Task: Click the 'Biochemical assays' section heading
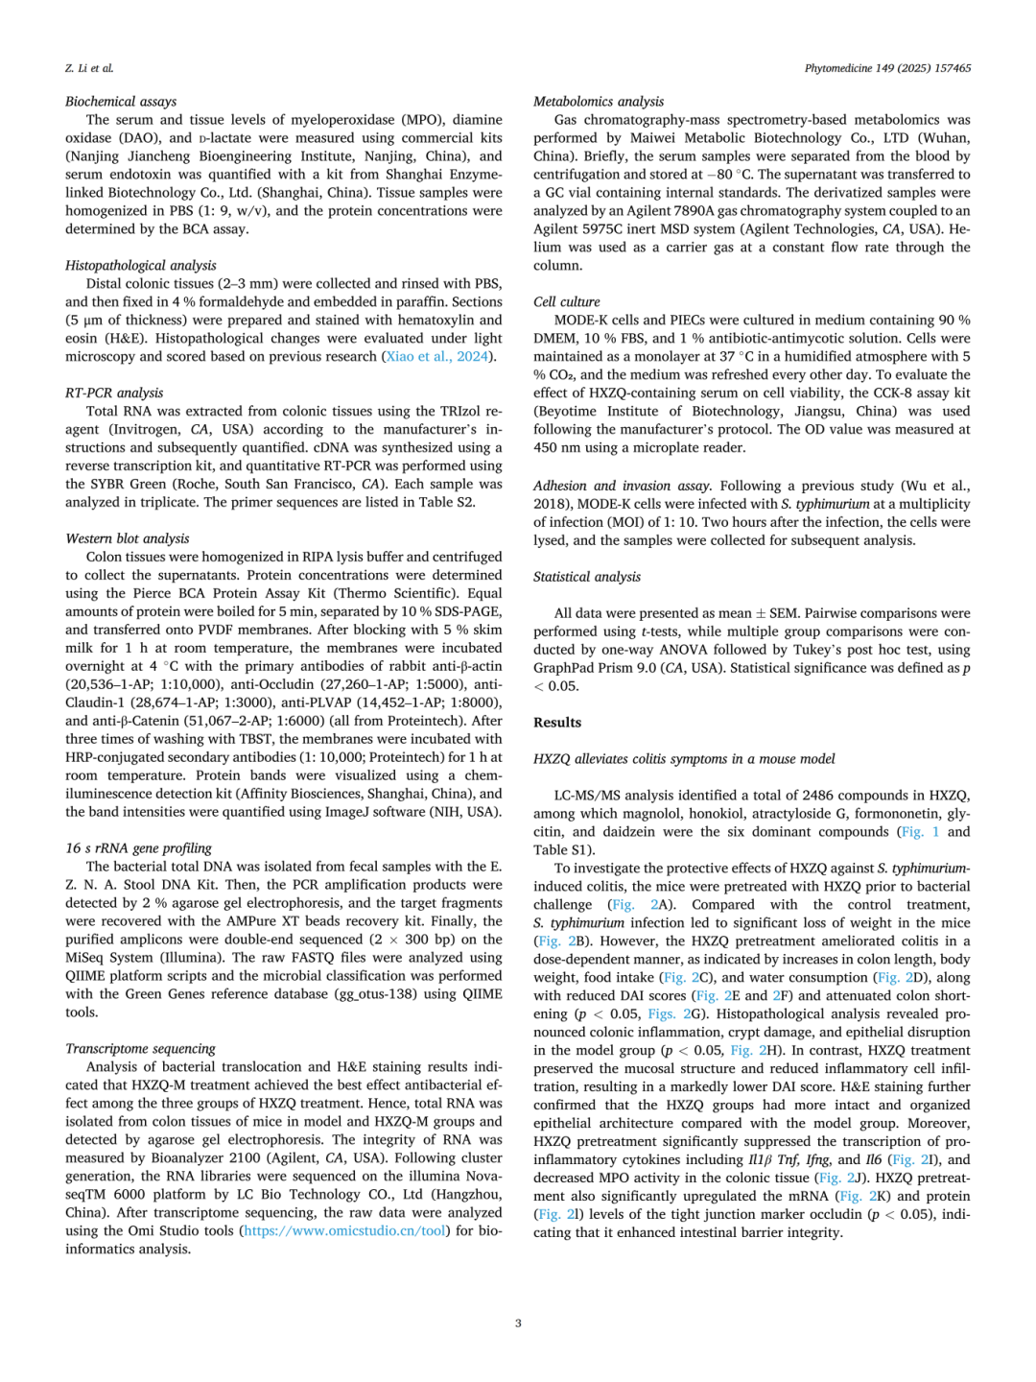click(x=121, y=102)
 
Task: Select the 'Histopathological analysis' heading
click(x=141, y=266)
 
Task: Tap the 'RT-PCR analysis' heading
click(x=114, y=393)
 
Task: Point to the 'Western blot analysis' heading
click(x=128, y=539)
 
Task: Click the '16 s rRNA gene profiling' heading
click(x=138, y=848)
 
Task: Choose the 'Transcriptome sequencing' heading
click(x=140, y=1049)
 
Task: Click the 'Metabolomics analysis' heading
click(x=599, y=102)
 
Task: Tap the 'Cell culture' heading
click(x=567, y=302)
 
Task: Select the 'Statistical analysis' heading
click(x=587, y=577)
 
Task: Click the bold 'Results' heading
click(x=557, y=723)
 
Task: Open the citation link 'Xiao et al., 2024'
click(x=437, y=357)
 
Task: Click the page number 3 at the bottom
click(x=518, y=1323)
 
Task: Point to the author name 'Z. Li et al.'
click(x=89, y=68)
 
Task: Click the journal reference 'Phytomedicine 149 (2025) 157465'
click(x=887, y=68)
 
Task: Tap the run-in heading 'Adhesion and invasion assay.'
click(x=623, y=486)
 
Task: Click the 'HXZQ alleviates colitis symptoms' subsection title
click(x=684, y=759)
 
